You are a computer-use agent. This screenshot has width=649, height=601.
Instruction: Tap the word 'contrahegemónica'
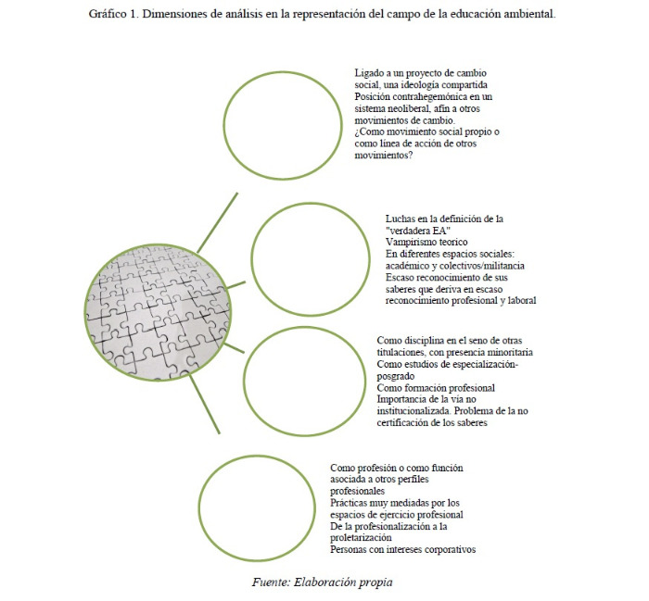(x=434, y=96)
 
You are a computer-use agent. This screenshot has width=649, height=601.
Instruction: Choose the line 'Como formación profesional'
(x=436, y=387)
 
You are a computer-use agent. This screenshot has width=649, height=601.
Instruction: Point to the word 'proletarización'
(x=362, y=537)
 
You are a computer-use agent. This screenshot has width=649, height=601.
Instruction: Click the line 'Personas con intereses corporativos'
(x=402, y=549)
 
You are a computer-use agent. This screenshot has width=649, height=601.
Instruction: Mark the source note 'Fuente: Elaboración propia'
(x=323, y=582)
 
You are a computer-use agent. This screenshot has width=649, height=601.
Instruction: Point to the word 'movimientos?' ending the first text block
(x=384, y=156)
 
